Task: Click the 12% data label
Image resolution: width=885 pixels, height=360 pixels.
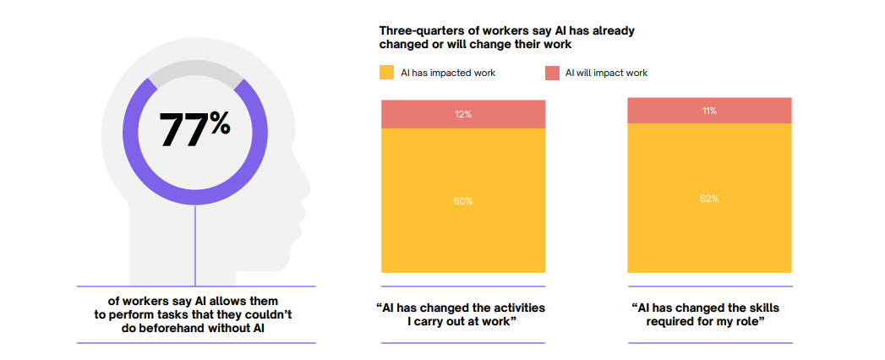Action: (x=463, y=114)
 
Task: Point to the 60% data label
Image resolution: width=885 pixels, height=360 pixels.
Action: (x=463, y=201)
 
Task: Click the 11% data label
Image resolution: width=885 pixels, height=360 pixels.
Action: (x=709, y=111)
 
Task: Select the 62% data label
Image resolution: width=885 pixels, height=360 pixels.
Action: (x=709, y=199)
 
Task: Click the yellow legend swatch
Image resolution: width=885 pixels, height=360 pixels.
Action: (x=387, y=73)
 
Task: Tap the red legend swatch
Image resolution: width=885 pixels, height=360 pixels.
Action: (x=552, y=73)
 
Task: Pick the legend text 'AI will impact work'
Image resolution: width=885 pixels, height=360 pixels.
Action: (x=606, y=73)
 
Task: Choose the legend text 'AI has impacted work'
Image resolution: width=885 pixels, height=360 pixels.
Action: (x=447, y=73)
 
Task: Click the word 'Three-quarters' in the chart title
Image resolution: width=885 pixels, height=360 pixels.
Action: (x=418, y=30)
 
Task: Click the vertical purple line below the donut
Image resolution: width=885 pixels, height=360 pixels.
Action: (x=195, y=245)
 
